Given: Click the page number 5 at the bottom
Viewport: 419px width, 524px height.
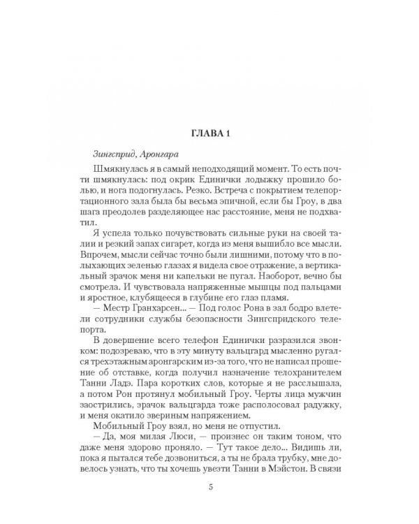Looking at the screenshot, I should [209, 487].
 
